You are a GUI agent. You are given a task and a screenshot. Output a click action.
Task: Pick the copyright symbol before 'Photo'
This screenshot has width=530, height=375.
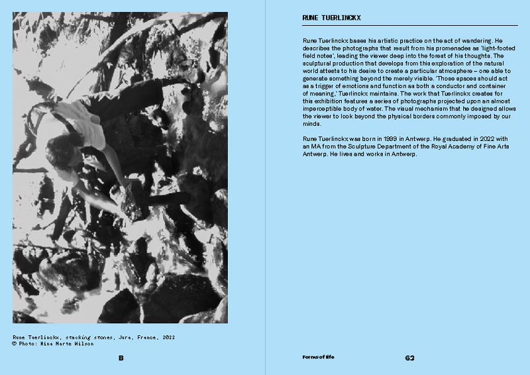click(15, 344)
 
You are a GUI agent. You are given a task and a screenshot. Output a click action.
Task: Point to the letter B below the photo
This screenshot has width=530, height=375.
click(121, 358)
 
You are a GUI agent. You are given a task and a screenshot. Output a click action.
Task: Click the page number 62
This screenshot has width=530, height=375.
click(409, 358)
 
